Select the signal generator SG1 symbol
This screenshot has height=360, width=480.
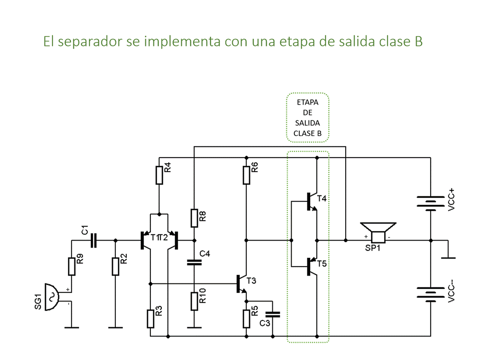point(52,297)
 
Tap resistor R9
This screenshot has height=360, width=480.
point(71,266)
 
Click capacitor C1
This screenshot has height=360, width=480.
point(93,240)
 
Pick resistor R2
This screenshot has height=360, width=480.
point(115,266)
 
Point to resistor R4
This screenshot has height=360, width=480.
point(159,174)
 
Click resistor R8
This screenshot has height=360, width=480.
point(194,217)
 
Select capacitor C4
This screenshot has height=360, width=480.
point(194,261)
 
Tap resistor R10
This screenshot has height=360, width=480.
point(194,301)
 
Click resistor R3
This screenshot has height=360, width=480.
point(150,318)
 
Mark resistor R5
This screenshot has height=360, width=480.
point(246,318)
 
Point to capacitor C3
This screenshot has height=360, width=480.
point(273,314)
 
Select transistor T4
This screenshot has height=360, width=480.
point(311,201)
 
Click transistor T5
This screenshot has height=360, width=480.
point(311,266)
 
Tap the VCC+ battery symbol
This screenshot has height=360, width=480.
point(431,203)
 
